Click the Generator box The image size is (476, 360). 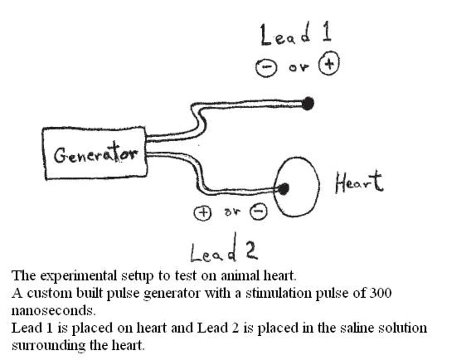(x=95, y=153)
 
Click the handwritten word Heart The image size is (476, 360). (x=358, y=182)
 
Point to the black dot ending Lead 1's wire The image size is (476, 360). (x=308, y=103)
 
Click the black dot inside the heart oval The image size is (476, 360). (x=284, y=190)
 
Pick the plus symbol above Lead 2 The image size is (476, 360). (x=201, y=212)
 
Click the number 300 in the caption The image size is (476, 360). (x=379, y=293)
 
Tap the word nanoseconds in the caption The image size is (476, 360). (x=53, y=310)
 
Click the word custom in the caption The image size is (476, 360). (x=47, y=293)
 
